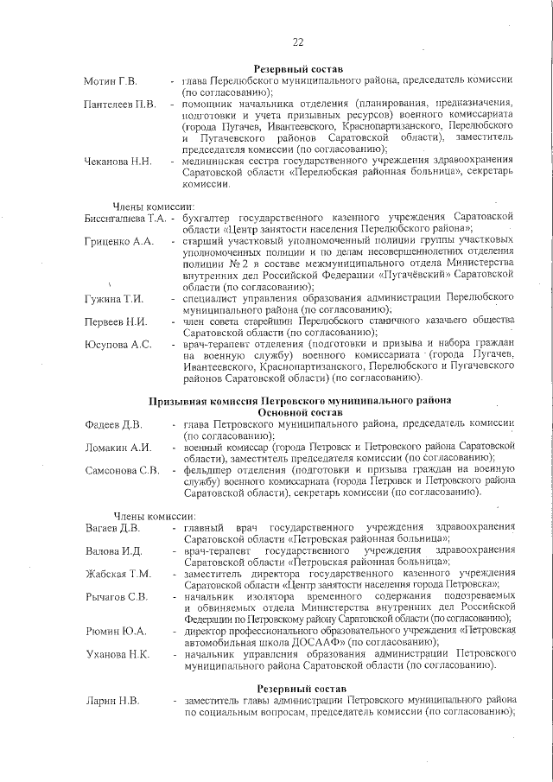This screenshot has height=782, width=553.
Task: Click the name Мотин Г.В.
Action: pyautogui.click(x=111, y=81)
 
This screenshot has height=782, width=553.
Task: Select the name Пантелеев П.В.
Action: pyautogui.click(x=120, y=105)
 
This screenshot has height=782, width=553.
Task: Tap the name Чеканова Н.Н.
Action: pyautogui.click(x=118, y=162)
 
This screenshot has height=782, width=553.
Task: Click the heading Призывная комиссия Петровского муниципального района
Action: pyautogui.click(x=299, y=401)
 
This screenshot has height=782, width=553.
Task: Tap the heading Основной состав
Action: pyautogui.click(x=299, y=413)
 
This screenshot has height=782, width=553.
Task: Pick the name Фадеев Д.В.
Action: pyautogui.click(x=114, y=424)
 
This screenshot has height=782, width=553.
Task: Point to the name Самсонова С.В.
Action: pyautogui.click(x=123, y=471)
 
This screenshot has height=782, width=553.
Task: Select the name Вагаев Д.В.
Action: pyautogui.click(x=112, y=527)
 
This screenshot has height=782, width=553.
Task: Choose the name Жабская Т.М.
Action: pyautogui.click(x=118, y=574)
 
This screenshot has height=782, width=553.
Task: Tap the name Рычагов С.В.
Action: pyautogui.click(x=117, y=597)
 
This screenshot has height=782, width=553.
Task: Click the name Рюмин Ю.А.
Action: pyautogui.click(x=115, y=631)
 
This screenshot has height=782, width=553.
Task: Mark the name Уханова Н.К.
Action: pyautogui.click(x=118, y=654)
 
